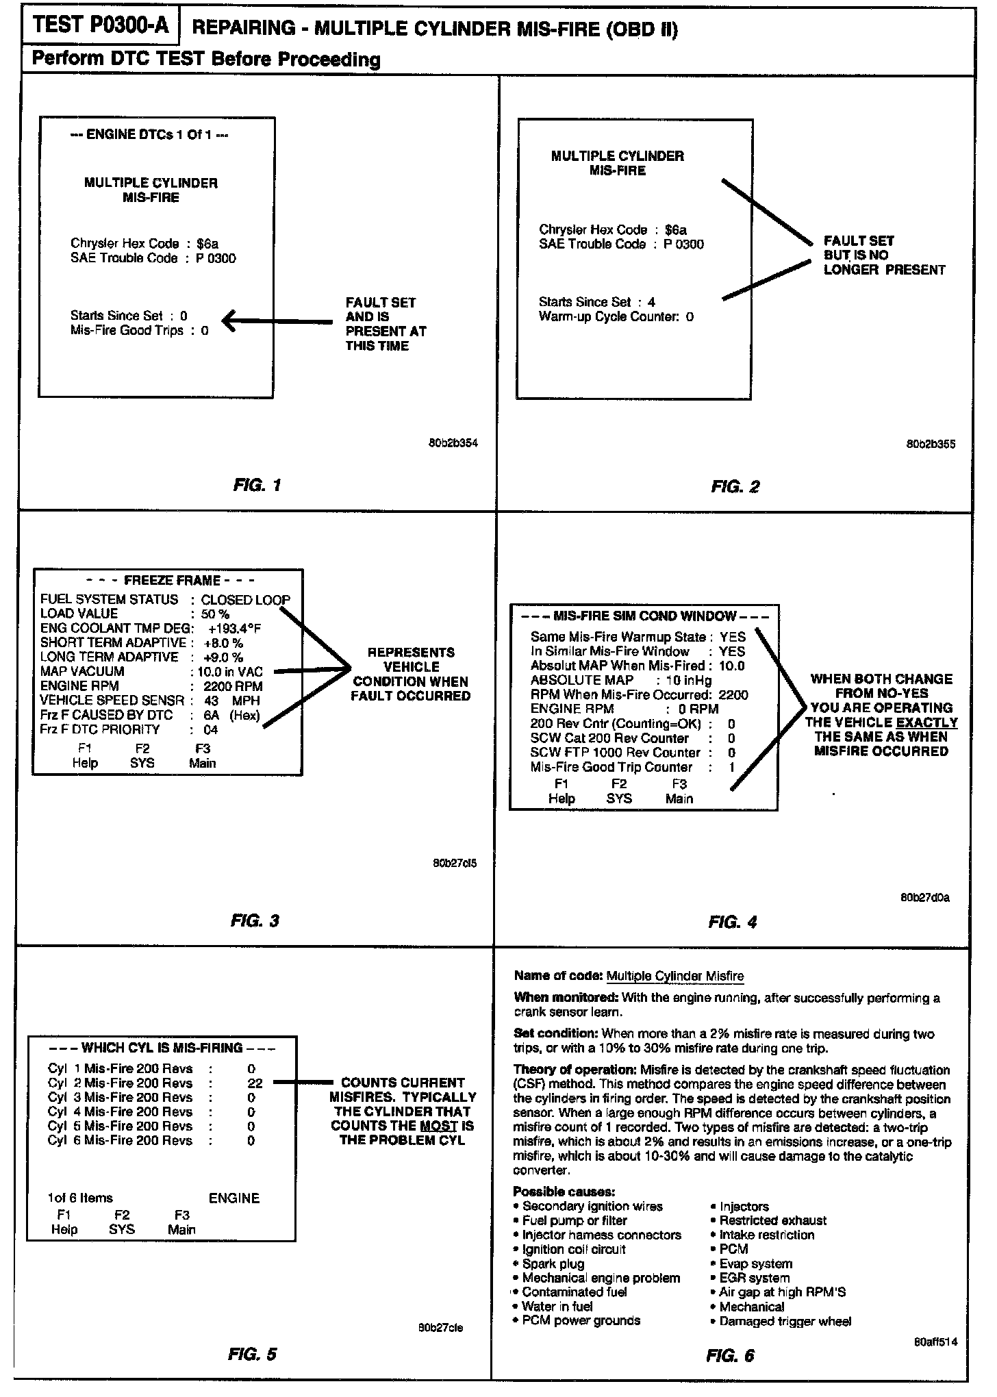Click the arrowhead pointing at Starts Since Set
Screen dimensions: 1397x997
(x=229, y=320)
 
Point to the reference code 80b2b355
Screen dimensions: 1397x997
(x=931, y=444)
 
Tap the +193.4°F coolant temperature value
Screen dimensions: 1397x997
(x=234, y=628)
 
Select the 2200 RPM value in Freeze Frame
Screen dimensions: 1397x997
(x=233, y=685)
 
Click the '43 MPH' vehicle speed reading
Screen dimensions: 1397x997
(x=231, y=701)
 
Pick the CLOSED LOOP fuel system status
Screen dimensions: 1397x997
(x=245, y=599)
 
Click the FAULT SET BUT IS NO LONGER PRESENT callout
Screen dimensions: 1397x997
(x=883, y=255)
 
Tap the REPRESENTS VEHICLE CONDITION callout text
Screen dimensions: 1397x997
(x=411, y=674)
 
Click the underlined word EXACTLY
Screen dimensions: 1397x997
(x=926, y=722)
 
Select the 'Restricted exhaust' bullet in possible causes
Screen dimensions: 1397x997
(x=772, y=1220)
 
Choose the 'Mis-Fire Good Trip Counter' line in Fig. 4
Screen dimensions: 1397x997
(x=611, y=767)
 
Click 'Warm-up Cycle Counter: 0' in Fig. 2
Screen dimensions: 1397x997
(x=616, y=316)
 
